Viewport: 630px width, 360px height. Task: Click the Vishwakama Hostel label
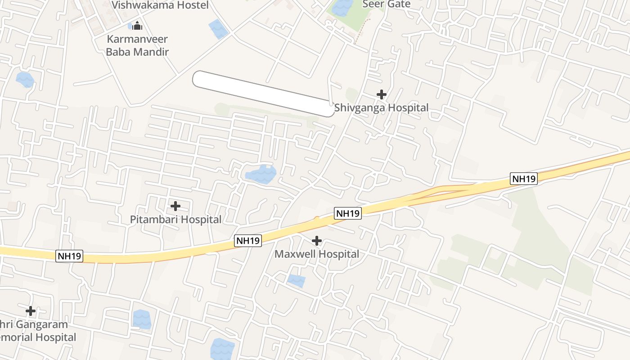tap(160, 5)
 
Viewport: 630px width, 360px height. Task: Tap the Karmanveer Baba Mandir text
tap(137, 45)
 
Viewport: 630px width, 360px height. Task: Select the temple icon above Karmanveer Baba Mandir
tap(138, 27)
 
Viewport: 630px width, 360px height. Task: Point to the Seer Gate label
tap(387, 4)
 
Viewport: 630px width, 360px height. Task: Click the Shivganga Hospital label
tap(381, 108)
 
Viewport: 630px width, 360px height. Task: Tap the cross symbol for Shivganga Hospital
tap(382, 94)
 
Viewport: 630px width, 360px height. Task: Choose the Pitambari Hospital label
tap(175, 220)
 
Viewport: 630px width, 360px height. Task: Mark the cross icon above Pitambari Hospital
tap(175, 206)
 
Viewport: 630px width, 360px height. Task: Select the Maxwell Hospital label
tap(317, 254)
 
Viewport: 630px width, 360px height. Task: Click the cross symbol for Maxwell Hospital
tap(317, 241)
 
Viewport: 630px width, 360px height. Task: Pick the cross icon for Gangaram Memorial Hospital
tap(31, 311)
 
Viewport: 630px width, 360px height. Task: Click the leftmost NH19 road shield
tap(70, 256)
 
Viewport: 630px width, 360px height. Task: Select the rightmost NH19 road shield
tap(524, 179)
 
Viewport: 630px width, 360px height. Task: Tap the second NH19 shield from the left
tap(248, 241)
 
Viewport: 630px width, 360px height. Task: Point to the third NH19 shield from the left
tap(348, 213)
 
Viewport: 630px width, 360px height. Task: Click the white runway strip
tap(264, 94)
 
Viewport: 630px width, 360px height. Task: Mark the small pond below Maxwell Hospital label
tap(296, 281)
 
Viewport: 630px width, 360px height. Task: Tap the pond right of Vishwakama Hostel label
tap(219, 29)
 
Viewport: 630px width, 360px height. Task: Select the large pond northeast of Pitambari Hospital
tap(261, 174)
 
